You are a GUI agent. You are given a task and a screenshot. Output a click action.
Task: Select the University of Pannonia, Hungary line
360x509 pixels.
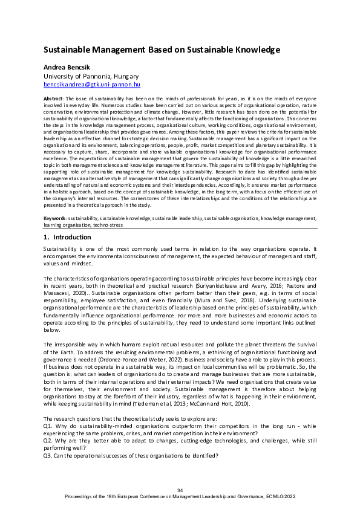(x=91, y=77)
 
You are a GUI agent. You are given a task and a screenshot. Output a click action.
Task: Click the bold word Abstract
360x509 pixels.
(x=53, y=98)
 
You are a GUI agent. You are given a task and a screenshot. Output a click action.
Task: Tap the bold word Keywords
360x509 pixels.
(x=55, y=217)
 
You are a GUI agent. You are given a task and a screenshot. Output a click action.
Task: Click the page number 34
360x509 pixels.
(x=180, y=489)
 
